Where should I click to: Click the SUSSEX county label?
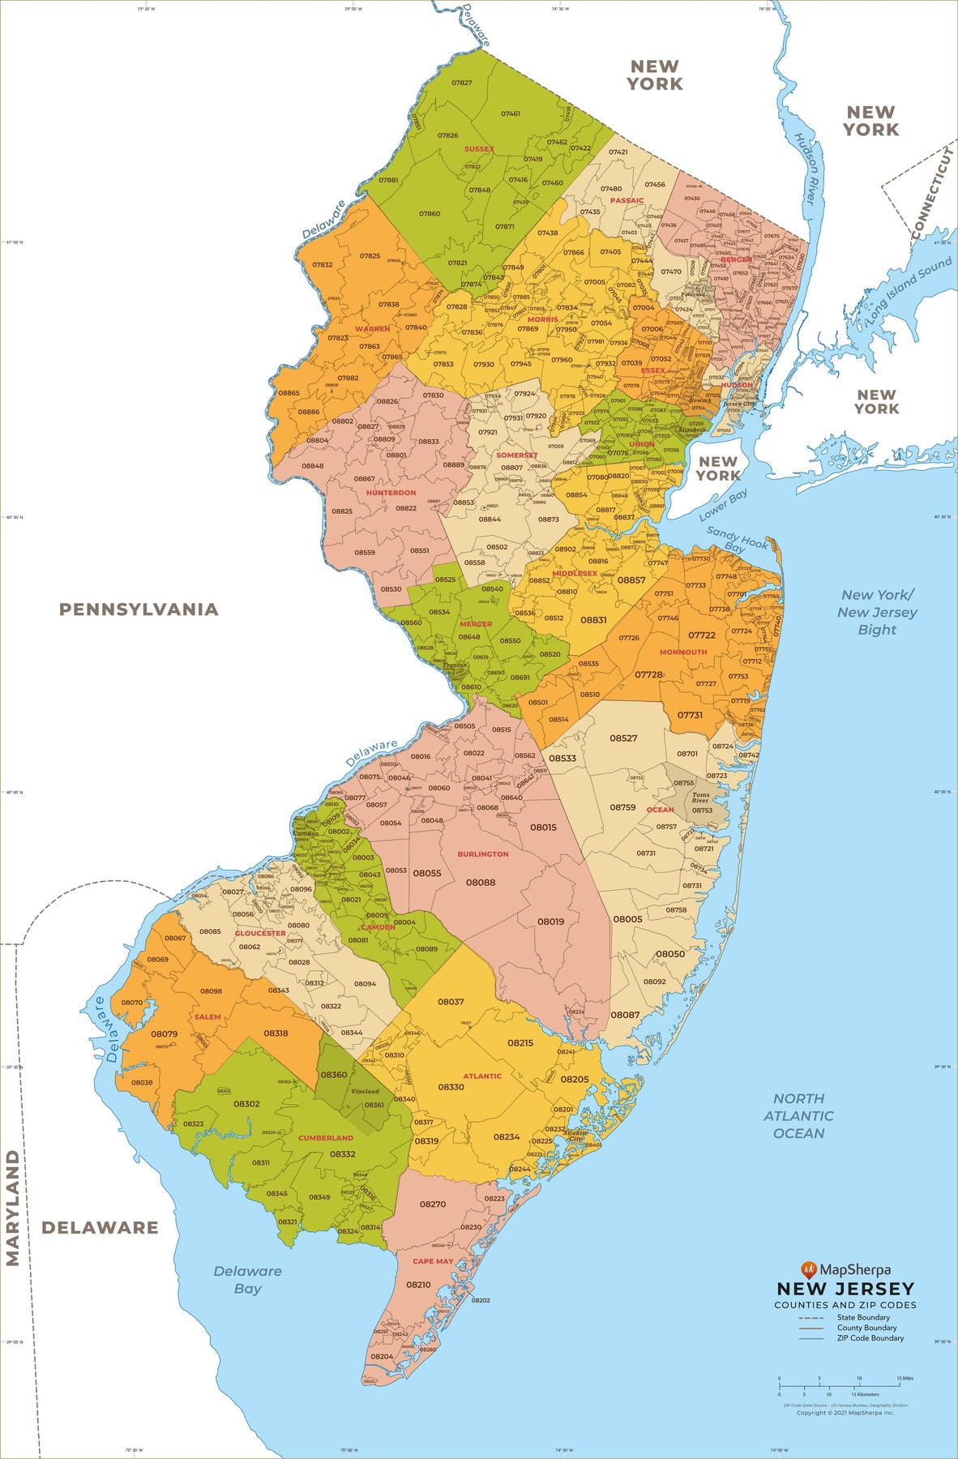pyautogui.click(x=479, y=149)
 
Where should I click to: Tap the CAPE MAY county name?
pyautogui.click(x=433, y=1261)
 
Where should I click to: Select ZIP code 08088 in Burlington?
pyautogui.click(x=480, y=883)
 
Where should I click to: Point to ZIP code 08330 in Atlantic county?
pyautogui.click(x=451, y=1087)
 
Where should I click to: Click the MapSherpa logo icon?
pyautogui.click(x=807, y=1269)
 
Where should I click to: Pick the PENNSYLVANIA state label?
pyautogui.click(x=139, y=610)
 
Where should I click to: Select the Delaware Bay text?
pyautogui.click(x=247, y=1280)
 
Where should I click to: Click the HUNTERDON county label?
pyautogui.click(x=391, y=493)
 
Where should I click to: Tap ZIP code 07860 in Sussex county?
pyautogui.click(x=430, y=214)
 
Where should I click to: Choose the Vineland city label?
pyautogui.click(x=365, y=1091)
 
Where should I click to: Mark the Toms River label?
pyautogui.click(x=699, y=798)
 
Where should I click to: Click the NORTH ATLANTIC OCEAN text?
pyautogui.click(x=798, y=1115)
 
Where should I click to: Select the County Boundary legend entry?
pyautogui.click(x=866, y=1328)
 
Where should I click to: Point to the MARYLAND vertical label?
pyautogui.click(x=13, y=1208)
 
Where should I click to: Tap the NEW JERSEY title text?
pyautogui.click(x=845, y=1289)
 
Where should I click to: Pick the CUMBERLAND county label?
pyautogui.click(x=326, y=1138)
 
